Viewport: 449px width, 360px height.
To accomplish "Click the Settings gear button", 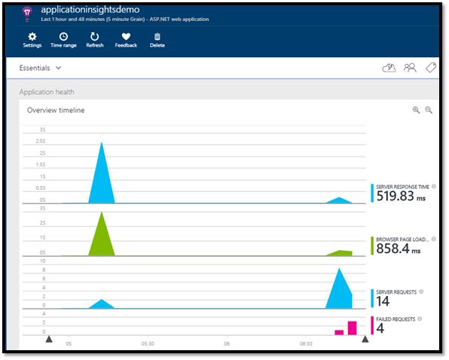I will click(32, 39).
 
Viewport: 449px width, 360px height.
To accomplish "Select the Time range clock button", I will click(63, 39).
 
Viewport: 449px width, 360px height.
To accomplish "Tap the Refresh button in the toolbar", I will click(95, 39).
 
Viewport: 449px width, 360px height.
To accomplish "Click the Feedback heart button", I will click(126, 39).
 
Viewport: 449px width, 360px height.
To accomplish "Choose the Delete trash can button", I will click(157, 39).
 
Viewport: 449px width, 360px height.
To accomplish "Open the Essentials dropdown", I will click(41, 68).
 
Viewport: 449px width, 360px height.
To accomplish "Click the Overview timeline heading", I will click(56, 110).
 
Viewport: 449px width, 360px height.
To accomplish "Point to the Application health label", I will click(47, 93).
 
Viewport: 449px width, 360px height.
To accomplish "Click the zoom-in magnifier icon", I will click(415, 110).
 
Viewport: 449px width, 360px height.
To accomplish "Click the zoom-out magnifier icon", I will click(429, 110).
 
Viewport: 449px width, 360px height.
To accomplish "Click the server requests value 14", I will click(382, 301).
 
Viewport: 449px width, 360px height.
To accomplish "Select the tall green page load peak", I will click(102, 237).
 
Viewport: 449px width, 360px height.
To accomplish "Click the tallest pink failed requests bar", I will click(352, 328).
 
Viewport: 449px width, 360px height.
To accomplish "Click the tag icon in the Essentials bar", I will click(431, 68).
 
